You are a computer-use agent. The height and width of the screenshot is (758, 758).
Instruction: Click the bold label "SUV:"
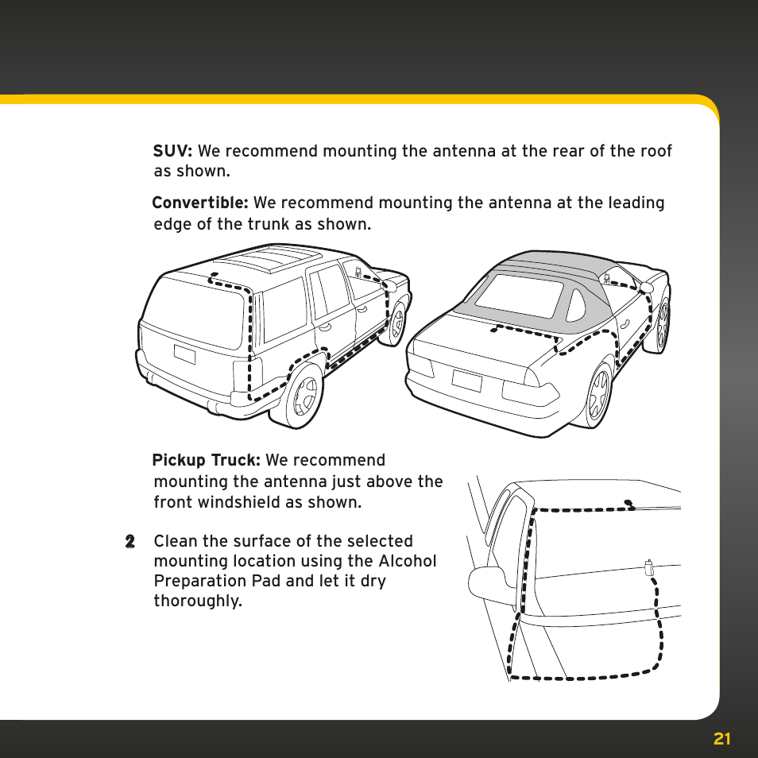[x=173, y=151]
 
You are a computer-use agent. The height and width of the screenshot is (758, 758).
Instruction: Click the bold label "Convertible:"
[x=200, y=203]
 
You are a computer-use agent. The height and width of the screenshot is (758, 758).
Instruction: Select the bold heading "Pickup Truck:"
[x=206, y=461]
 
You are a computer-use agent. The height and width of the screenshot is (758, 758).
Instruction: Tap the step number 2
[x=130, y=542]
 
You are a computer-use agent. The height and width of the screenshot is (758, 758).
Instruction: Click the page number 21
[x=721, y=739]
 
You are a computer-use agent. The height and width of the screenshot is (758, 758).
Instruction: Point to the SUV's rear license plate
[x=184, y=354]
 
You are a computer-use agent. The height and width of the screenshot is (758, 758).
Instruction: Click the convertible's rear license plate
[x=466, y=381]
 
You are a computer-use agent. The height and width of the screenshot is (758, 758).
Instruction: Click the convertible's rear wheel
[x=598, y=395]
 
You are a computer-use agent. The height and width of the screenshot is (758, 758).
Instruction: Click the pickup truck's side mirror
[x=487, y=584]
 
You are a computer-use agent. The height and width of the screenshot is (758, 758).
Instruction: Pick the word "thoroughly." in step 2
[x=198, y=601]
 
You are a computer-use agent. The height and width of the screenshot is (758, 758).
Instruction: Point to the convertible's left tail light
[x=422, y=365]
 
